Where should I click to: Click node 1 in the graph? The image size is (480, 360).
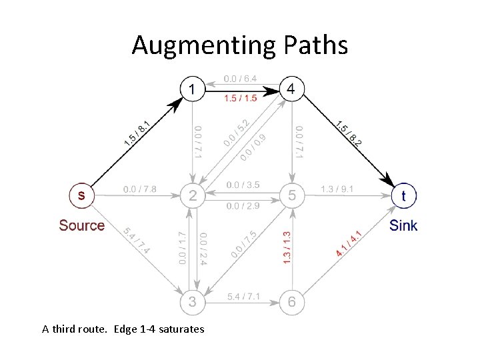pyautogui.click(x=193, y=89)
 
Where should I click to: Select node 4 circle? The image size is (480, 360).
pyautogui.click(x=291, y=89)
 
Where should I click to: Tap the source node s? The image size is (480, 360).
pyautogui.click(x=81, y=195)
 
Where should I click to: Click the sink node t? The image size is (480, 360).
pyautogui.click(x=403, y=195)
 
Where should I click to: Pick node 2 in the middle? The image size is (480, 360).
pyautogui.click(x=193, y=195)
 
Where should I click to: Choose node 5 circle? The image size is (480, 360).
pyautogui.click(x=291, y=195)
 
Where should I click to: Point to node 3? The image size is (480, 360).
pyautogui.click(x=193, y=302)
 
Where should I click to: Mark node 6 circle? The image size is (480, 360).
pyautogui.click(x=291, y=302)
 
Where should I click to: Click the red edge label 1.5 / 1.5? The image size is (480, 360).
pyautogui.click(x=241, y=99)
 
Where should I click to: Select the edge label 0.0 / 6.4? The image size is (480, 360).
pyautogui.click(x=241, y=79)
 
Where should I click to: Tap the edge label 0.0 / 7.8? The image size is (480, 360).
pyautogui.click(x=140, y=189)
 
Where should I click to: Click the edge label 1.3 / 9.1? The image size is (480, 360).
pyautogui.click(x=337, y=189)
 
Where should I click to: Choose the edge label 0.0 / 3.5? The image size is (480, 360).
pyautogui.click(x=243, y=185)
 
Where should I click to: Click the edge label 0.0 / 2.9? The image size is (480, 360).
pyautogui.click(x=243, y=207)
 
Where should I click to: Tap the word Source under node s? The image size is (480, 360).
pyautogui.click(x=81, y=225)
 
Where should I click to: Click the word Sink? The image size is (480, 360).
pyautogui.click(x=403, y=225)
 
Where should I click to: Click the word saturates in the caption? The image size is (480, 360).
pyautogui.click(x=181, y=329)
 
